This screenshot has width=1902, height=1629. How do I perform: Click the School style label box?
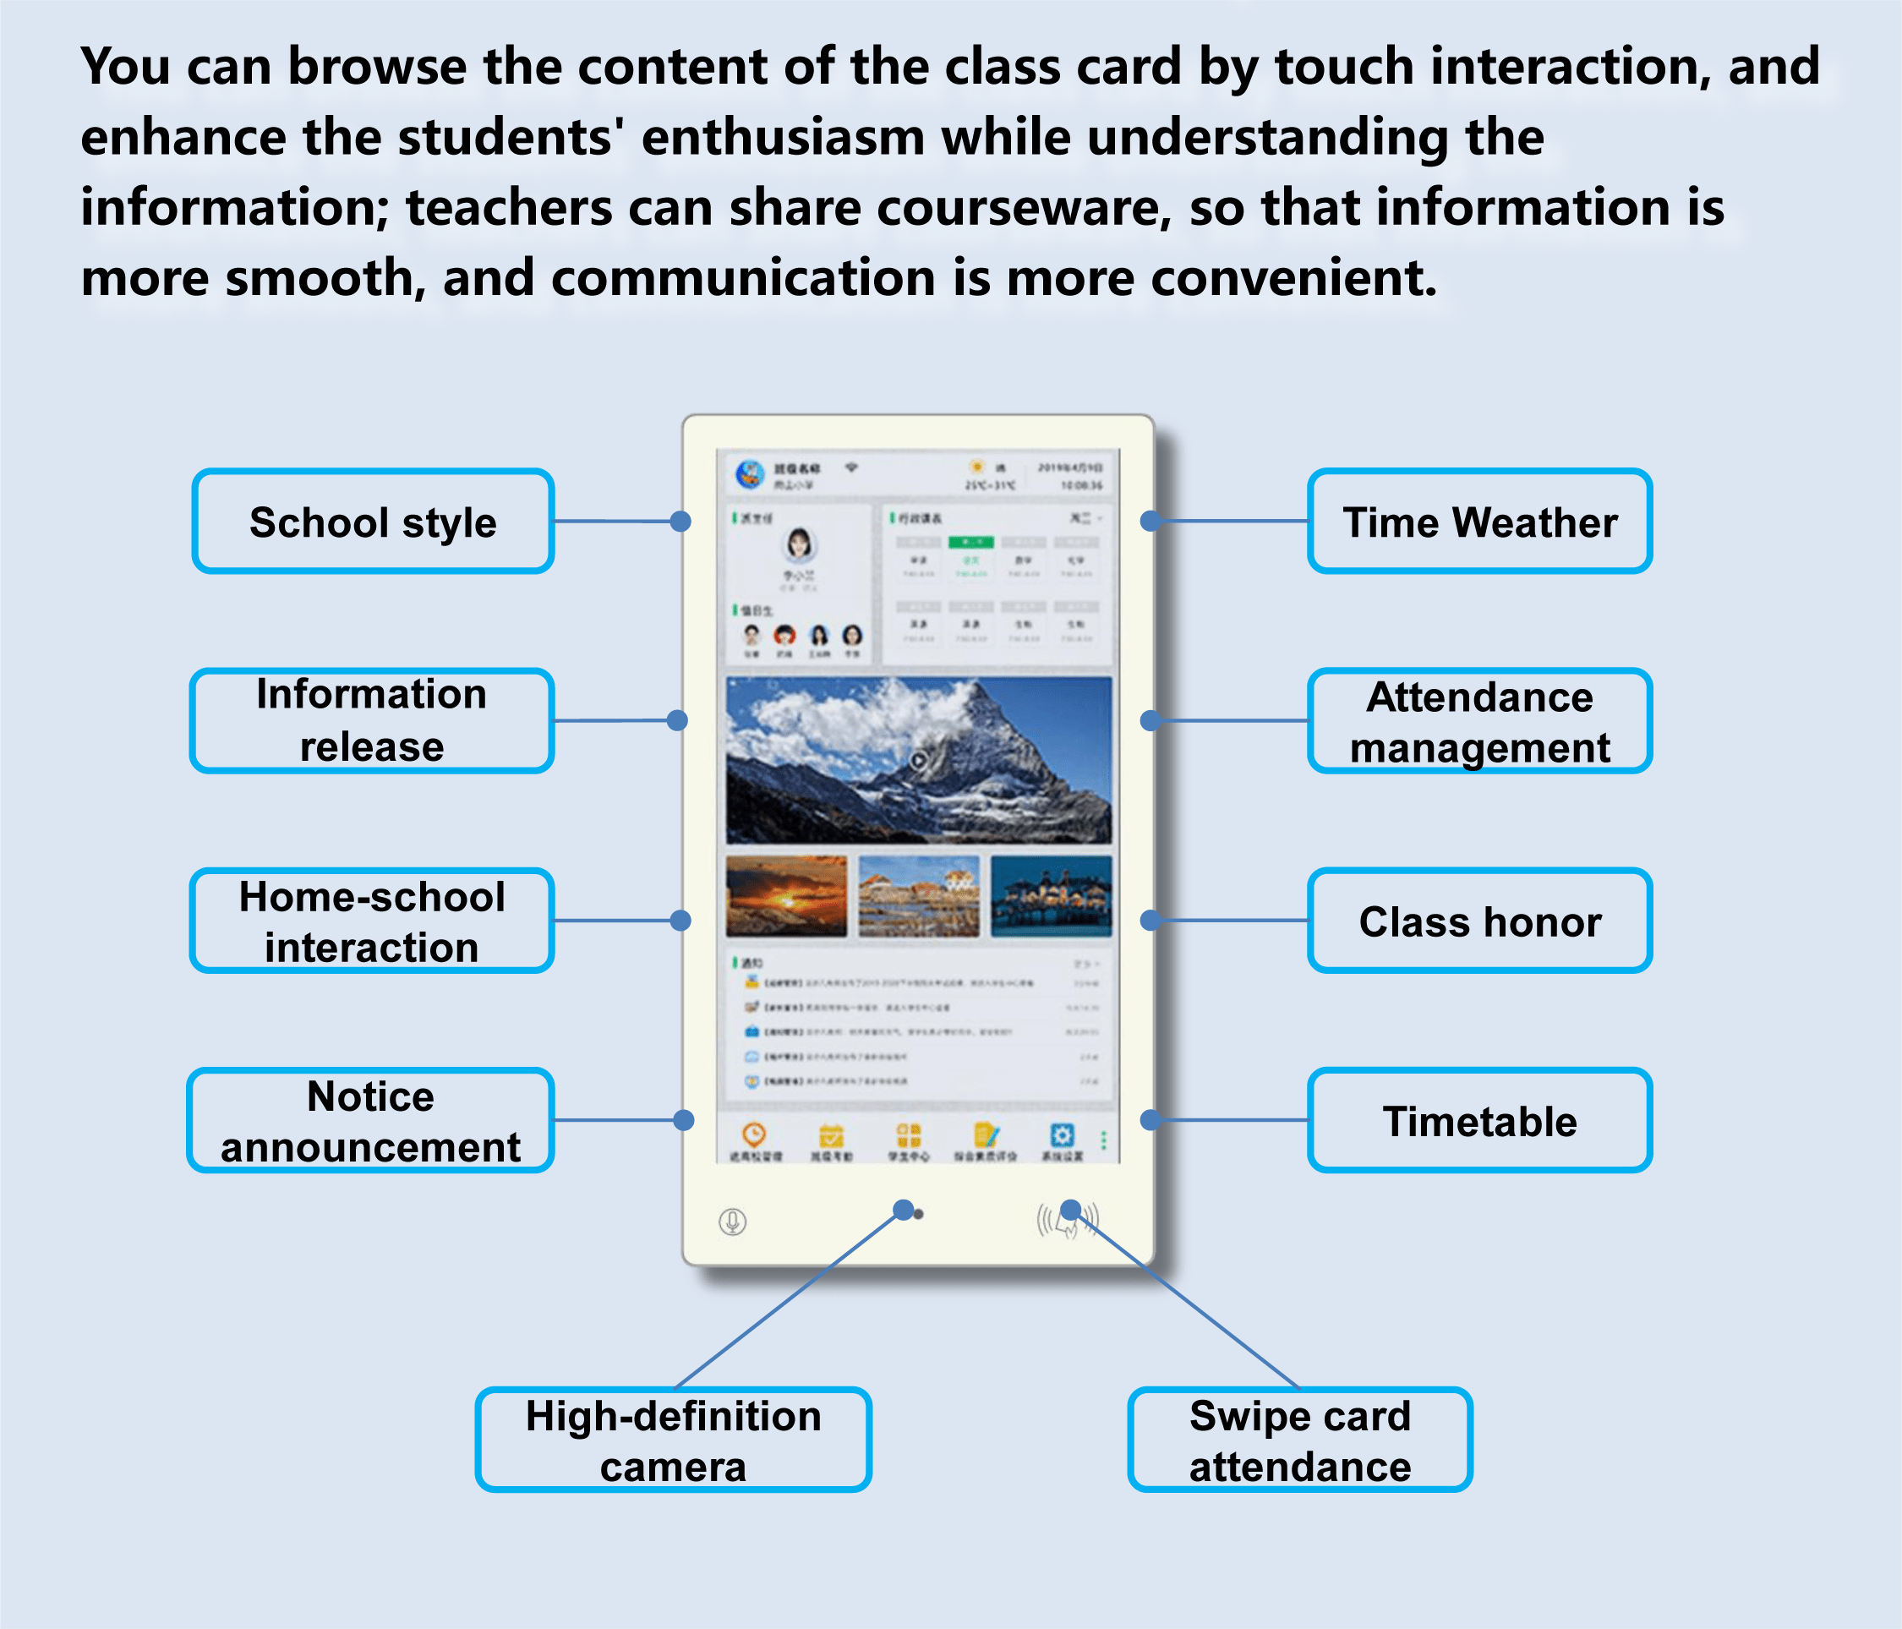[373, 522]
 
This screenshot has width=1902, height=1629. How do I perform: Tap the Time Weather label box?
[1478, 522]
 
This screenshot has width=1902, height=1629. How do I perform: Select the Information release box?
[372, 720]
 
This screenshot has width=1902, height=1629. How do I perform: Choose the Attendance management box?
[1478, 721]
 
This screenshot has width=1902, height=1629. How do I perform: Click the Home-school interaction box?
[372, 921]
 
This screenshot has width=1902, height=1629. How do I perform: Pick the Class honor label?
[1478, 921]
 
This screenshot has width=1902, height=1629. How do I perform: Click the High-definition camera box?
[673, 1440]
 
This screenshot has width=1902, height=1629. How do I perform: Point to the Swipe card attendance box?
[1299, 1440]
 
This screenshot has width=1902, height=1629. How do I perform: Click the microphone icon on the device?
[731, 1222]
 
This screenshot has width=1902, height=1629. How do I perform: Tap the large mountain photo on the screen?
[918, 760]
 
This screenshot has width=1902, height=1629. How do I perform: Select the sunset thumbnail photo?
[786, 896]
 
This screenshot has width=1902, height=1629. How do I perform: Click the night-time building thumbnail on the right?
[1051, 896]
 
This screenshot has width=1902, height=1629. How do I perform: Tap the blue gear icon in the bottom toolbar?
[1062, 1135]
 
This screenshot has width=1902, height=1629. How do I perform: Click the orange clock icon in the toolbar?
[754, 1135]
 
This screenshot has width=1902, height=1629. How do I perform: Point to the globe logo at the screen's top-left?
[750, 474]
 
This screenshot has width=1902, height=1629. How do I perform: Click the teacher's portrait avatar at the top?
[799, 544]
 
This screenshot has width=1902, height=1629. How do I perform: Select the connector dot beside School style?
[680, 522]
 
